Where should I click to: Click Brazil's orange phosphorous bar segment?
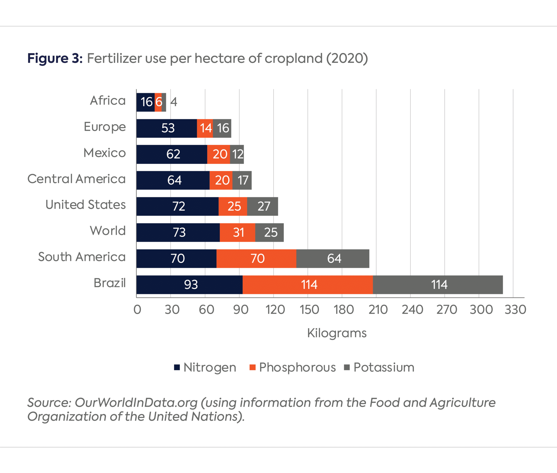[x=307, y=285]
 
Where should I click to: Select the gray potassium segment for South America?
[x=333, y=259]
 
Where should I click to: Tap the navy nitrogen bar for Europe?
[x=166, y=128]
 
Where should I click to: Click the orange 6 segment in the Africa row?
[x=158, y=102]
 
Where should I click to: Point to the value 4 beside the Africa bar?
[x=174, y=102]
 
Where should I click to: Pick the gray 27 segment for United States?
[x=262, y=206]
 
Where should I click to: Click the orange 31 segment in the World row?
[x=237, y=232]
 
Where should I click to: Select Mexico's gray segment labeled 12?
[x=237, y=154]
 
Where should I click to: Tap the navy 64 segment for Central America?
[x=173, y=180]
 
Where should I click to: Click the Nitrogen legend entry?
[x=205, y=367]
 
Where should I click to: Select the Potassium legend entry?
[x=379, y=367]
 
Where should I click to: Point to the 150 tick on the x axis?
[x=309, y=310]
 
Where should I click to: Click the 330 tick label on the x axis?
[x=515, y=310]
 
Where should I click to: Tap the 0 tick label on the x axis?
[x=137, y=310]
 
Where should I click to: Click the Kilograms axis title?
[x=337, y=333]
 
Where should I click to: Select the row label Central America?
[x=76, y=179]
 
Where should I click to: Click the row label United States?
[x=85, y=205]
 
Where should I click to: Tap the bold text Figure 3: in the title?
[x=55, y=58]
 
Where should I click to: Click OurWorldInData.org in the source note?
[x=136, y=403]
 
